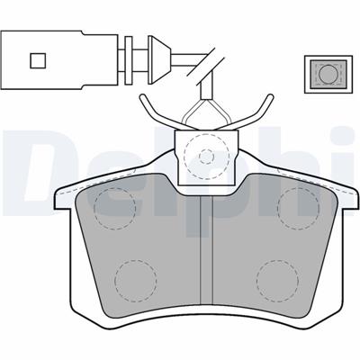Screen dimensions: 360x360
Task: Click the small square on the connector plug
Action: pyautogui.click(x=38, y=60)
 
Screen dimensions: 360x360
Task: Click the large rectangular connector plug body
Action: pyautogui.click(x=59, y=59)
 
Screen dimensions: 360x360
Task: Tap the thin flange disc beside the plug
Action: pyautogui.click(x=129, y=60)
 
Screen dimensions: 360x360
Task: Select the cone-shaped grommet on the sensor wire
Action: pyautogui.click(x=159, y=60)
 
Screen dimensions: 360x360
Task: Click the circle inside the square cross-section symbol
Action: pyautogui.click(x=328, y=74)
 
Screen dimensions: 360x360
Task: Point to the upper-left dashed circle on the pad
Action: pyautogui.click(x=114, y=209)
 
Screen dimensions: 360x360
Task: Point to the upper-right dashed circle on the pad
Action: pyautogui.click(x=299, y=209)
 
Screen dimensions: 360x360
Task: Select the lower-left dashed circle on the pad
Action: pyautogui.click(x=136, y=281)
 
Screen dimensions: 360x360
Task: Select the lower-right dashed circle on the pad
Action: pyautogui.click(x=277, y=281)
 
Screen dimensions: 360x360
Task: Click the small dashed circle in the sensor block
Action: pyautogui.click(x=207, y=157)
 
